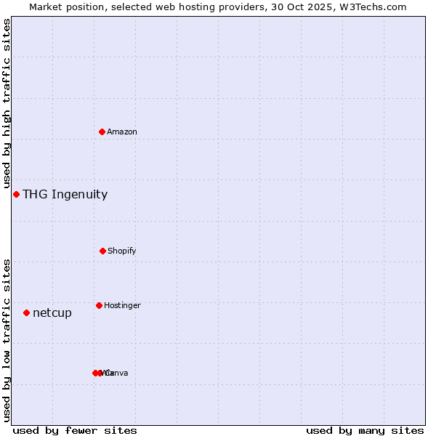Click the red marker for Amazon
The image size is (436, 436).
102,132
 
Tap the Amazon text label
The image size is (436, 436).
122,132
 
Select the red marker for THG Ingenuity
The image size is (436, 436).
16,194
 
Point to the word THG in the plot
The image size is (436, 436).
33,194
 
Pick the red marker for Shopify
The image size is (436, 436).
102,251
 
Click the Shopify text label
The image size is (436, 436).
122,251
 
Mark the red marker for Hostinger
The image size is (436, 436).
99,305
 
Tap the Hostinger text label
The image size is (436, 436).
122,306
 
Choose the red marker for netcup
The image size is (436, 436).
26,312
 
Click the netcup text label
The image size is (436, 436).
52,313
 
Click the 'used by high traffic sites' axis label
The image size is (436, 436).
7,104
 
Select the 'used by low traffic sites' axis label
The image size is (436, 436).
7,339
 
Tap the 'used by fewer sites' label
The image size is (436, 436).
75,430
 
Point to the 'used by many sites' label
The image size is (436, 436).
365,430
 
